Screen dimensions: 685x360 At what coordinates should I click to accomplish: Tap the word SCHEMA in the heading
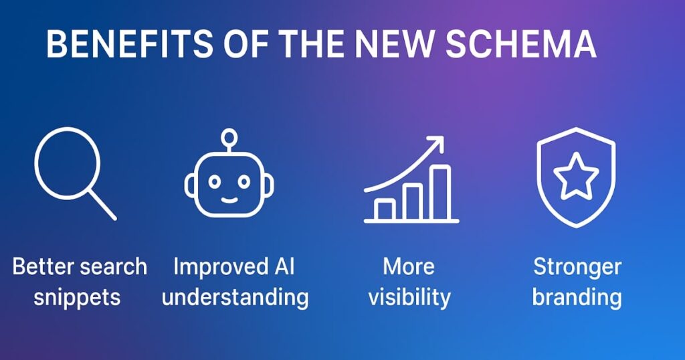point(521,43)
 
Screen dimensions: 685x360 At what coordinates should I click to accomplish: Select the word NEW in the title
point(395,43)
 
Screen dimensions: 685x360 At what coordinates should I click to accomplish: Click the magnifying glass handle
point(102,205)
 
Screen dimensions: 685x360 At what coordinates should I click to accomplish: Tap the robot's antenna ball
point(229,137)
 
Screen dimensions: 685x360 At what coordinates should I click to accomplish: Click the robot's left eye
point(214,181)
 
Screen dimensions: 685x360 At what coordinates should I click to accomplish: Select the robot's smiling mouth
point(229,200)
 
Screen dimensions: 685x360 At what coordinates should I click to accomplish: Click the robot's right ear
point(269,185)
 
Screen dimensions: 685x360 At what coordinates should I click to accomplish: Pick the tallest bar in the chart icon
point(439,193)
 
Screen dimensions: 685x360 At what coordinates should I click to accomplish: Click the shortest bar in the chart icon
point(385,209)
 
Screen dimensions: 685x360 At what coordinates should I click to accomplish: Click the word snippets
point(77,298)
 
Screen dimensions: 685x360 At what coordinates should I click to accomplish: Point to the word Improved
point(221,267)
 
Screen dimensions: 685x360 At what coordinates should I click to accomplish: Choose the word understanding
point(235,298)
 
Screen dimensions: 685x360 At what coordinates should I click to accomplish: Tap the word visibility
point(409,298)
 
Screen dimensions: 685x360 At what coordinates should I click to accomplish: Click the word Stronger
point(577,267)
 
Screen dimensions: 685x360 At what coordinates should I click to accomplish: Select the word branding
point(577,298)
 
